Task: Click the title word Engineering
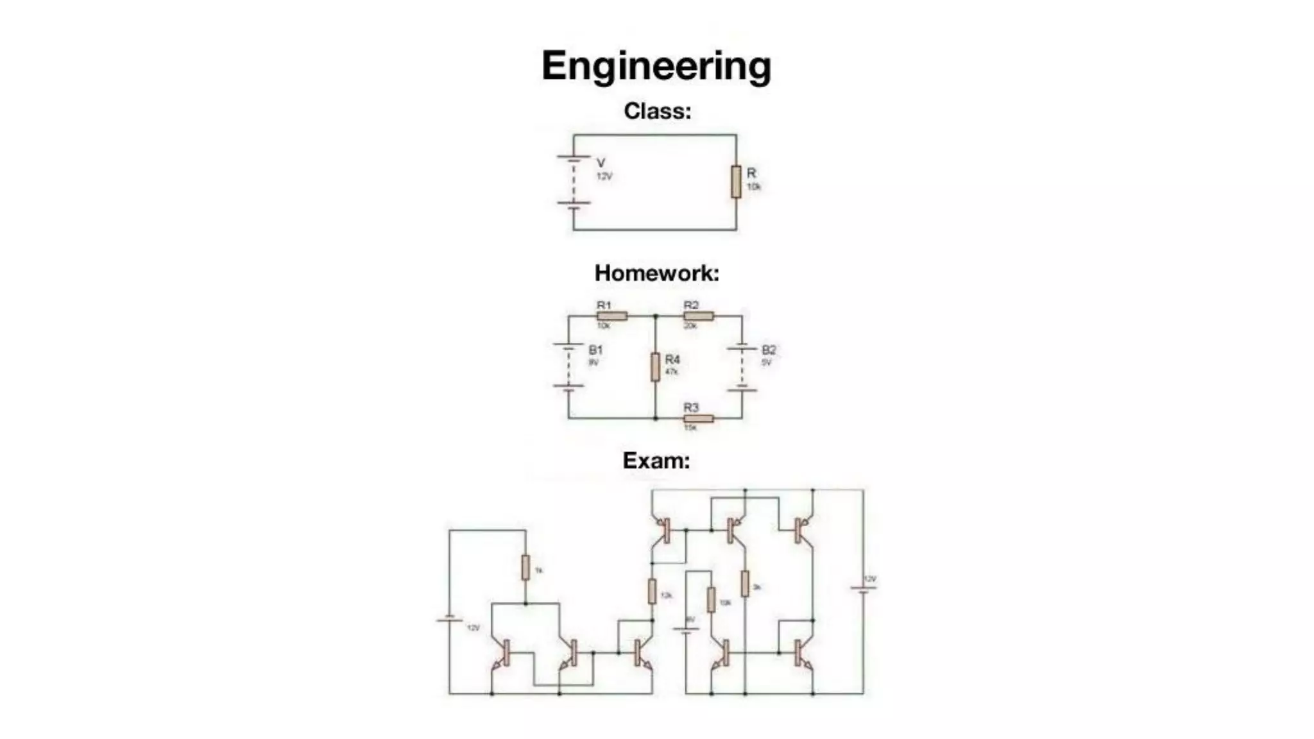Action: pos(656,67)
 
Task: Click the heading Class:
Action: pos(657,111)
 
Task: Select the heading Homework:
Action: pos(656,273)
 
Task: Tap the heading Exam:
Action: pos(656,461)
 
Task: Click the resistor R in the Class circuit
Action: pos(736,182)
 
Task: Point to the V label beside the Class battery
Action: pos(601,163)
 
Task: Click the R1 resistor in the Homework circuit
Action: pos(612,316)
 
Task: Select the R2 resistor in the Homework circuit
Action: pos(699,316)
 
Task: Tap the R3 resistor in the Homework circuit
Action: pos(699,419)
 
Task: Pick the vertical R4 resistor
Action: pos(655,367)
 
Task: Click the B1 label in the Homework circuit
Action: pos(595,350)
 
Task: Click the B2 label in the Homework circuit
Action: pos(769,350)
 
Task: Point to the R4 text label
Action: pos(672,359)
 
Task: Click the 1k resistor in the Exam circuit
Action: pos(525,568)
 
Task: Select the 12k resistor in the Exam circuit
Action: pos(652,591)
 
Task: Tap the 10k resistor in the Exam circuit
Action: pos(711,599)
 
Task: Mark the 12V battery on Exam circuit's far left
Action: pos(449,620)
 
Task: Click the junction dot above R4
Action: pos(655,316)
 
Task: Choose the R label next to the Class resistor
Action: pos(751,173)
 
